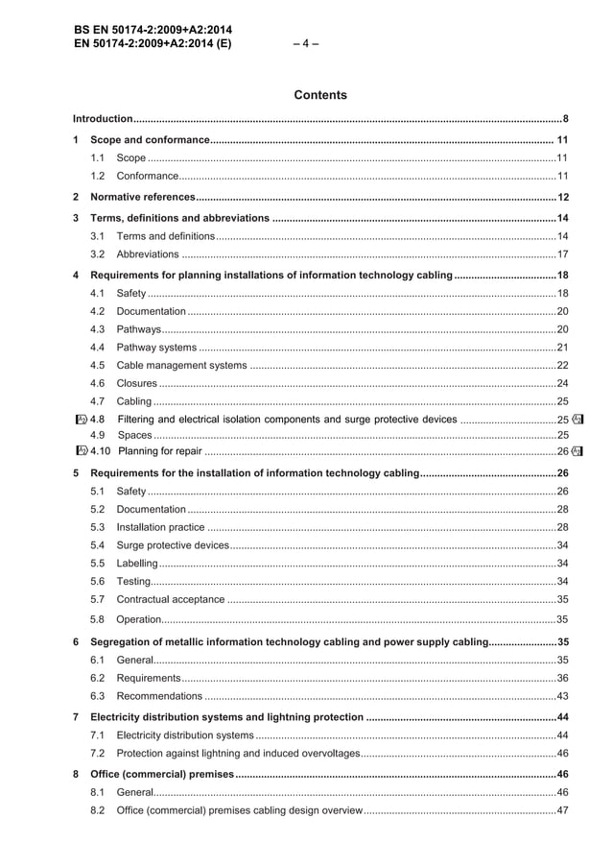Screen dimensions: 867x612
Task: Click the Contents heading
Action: pyautogui.click(x=320, y=95)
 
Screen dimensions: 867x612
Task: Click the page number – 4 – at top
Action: pyautogui.click(x=306, y=43)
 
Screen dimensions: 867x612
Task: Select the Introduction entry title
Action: pyautogui.click(x=104, y=119)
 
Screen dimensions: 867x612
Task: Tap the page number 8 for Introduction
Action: pyautogui.click(x=566, y=119)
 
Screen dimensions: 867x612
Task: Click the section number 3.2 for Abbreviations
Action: pyautogui.click(x=97, y=254)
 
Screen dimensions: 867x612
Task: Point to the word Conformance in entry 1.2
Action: pyautogui.click(x=148, y=177)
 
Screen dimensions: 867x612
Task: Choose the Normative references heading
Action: pyautogui.click(x=142, y=198)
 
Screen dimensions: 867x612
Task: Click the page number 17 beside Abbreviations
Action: pyautogui.click(x=563, y=254)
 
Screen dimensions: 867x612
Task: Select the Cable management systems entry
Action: pyautogui.click(x=181, y=365)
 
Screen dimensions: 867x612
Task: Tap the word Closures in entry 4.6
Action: pyautogui.click(x=136, y=383)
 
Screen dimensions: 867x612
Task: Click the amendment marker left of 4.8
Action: pyautogui.click(x=82, y=420)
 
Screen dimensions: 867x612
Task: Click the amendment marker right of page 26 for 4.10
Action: pyautogui.click(x=577, y=451)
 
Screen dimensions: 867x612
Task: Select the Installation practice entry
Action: pyautogui.click(x=160, y=527)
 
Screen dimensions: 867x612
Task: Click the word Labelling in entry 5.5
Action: pyautogui.click(x=136, y=564)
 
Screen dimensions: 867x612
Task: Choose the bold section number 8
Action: pyautogui.click(x=77, y=774)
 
